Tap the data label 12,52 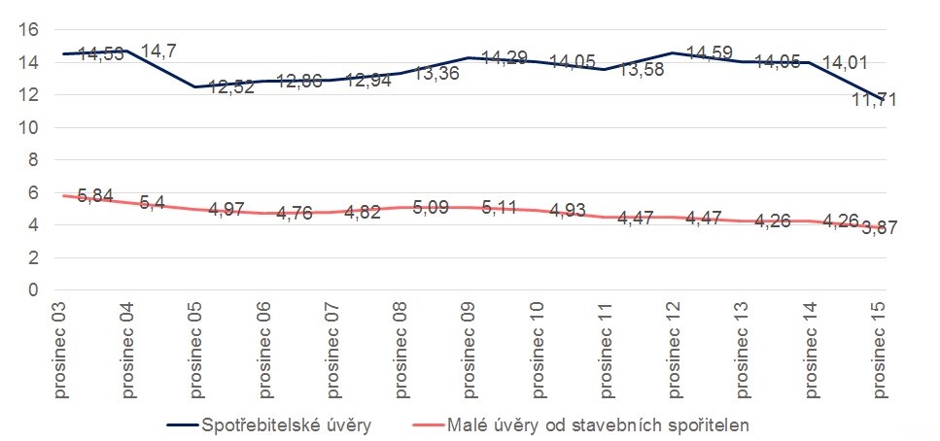(230, 87)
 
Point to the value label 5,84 (96, 197)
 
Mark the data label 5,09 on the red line (433, 207)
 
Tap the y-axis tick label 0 (32, 290)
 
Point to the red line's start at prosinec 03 (62, 195)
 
